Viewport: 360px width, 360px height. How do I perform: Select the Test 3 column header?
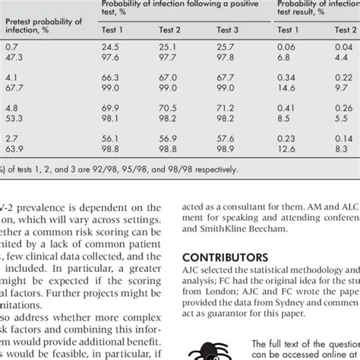pyautogui.click(x=228, y=30)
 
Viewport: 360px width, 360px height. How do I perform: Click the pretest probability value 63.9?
pyautogui.click(x=14, y=150)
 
